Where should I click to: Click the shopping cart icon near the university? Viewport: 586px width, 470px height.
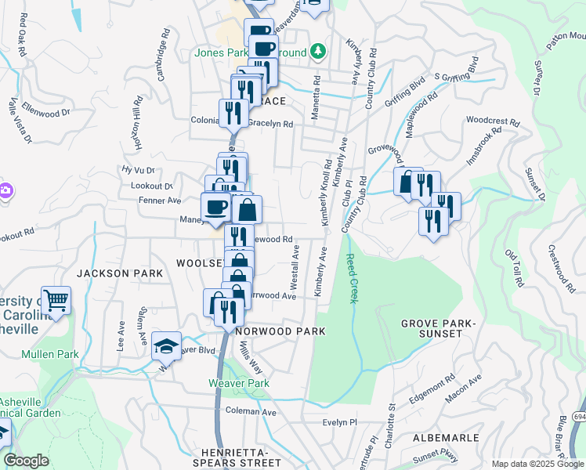[x=56, y=300]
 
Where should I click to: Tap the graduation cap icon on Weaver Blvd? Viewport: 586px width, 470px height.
[x=166, y=345]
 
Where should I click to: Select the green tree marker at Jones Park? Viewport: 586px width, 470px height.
[x=317, y=52]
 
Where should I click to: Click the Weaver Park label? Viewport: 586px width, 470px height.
[x=238, y=383]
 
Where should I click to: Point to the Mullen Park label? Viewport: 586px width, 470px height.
[x=50, y=354]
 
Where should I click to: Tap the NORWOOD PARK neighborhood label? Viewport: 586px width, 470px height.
[x=280, y=331]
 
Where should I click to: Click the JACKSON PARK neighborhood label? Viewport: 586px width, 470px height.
[x=120, y=273]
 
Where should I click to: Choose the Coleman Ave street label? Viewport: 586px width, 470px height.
[x=251, y=411]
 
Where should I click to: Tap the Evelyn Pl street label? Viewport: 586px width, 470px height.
[x=339, y=421]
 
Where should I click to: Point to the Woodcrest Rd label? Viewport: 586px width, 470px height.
[x=492, y=122]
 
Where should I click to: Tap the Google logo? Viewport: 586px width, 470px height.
[x=26, y=461]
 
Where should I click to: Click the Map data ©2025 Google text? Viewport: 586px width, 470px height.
[x=537, y=464]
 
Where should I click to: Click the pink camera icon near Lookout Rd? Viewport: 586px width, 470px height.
[x=4, y=190]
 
